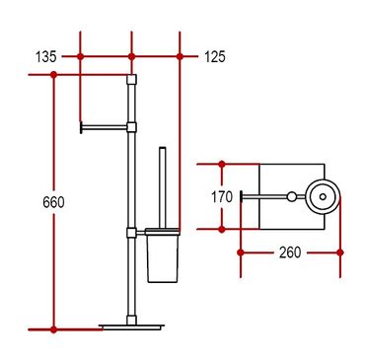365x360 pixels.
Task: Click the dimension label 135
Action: pyautogui.click(x=46, y=57)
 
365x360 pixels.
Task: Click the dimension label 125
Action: pyautogui.click(x=215, y=57)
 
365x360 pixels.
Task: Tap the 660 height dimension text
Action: pyautogui.click(x=53, y=202)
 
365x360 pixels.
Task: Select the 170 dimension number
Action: pyautogui.click(x=222, y=197)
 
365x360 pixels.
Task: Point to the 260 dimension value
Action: pyautogui.click(x=290, y=252)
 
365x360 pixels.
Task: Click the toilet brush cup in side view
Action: pyautogui.click(x=163, y=255)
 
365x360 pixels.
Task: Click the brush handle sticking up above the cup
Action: pyautogui.click(x=163, y=187)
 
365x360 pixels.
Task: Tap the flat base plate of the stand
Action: pyautogui.click(x=132, y=326)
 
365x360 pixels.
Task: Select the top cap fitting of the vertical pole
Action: pyautogui.click(x=131, y=80)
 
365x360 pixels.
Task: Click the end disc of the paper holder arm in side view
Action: pyautogui.click(x=81, y=127)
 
